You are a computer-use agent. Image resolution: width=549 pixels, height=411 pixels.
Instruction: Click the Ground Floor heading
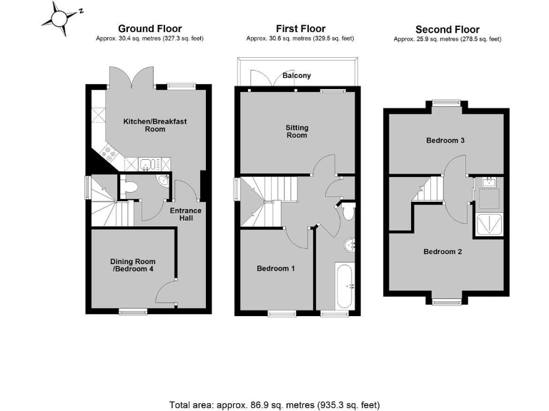click(x=149, y=29)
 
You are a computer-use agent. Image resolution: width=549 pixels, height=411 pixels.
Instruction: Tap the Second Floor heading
click(x=447, y=30)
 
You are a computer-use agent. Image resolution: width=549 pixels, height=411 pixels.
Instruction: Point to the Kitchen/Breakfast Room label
click(x=154, y=126)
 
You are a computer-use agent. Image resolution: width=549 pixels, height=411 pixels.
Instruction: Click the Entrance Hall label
click(x=185, y=215)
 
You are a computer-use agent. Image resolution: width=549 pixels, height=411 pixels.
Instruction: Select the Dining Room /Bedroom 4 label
click(x=133, y=265)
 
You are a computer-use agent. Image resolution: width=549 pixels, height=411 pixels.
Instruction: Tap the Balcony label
click(x=296, y=75)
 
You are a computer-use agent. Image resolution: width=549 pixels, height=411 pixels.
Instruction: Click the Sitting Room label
click(x=297, y=131)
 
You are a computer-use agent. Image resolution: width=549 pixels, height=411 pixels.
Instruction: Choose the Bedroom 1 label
click(x=276, y=269)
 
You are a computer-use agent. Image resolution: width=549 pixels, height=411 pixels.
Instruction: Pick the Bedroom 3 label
click(x=445, y=141)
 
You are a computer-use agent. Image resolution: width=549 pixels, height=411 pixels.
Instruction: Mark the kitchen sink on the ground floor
click(x=147, y=164)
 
